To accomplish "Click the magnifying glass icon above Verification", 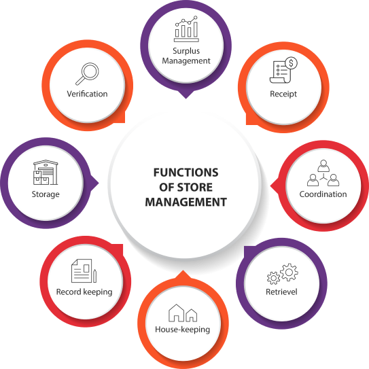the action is click(87, 73).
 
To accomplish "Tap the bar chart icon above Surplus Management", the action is click(186, 29).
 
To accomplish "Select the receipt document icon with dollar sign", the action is click(283, 70).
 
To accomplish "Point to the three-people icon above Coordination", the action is click(323, 173).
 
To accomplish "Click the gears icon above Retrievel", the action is click(283, 274).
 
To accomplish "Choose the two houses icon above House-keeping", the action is click(183, 313).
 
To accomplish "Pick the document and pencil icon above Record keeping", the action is click(84, 271).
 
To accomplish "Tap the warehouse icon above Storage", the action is click(46, 172).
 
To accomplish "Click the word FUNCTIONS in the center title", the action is click(186, 173).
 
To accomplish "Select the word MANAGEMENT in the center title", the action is click(186, 202).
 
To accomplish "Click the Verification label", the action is click(87, 94).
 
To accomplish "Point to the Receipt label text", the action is click(283, 94).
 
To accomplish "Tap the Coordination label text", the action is click(323, 194).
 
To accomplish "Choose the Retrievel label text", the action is click(281, 292).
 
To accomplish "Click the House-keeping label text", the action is click(183, 330).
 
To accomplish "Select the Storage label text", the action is click(46, 194).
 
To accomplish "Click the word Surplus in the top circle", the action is click(186, 51).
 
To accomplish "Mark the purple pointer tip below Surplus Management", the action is click(186, 99).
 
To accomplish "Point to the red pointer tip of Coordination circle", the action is click(270, 186).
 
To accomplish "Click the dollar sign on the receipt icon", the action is click(292, 63).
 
